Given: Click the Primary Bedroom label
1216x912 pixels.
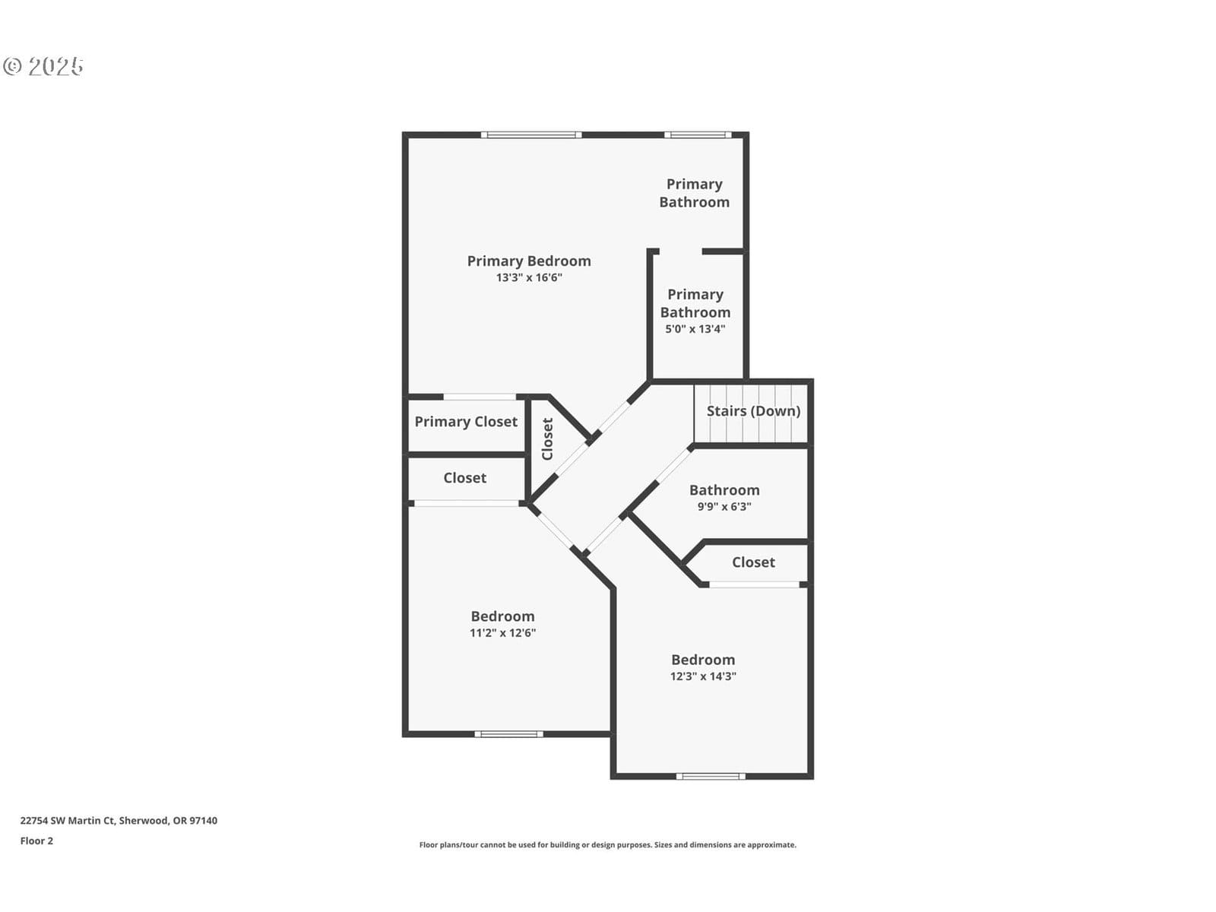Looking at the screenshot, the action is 528,261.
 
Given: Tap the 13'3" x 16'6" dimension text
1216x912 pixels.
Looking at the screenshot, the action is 528,277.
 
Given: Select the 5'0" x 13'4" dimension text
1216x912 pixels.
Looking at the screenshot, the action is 695,329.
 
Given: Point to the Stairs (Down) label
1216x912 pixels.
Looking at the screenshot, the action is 753,411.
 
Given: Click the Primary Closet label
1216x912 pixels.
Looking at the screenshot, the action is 466,421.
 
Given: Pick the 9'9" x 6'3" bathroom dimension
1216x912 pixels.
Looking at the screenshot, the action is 724,506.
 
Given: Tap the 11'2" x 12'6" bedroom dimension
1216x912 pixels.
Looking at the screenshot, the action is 502,633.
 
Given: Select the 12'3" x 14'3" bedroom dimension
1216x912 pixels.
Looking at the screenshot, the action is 703,676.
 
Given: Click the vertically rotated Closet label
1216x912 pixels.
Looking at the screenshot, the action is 547,439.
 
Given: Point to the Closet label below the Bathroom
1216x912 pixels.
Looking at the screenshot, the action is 753,562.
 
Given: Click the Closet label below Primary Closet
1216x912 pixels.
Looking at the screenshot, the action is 465,478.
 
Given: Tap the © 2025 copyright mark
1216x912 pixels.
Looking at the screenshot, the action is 43,66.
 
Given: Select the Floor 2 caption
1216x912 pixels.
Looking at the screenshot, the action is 36,841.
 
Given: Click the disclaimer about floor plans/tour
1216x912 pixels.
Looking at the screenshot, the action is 608,845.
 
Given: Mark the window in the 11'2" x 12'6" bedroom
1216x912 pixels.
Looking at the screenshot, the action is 508,734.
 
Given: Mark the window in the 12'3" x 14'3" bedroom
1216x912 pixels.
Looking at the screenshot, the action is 711,776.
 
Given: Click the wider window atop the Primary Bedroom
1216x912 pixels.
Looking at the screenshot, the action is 531,135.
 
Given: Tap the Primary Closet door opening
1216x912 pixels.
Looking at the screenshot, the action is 480,397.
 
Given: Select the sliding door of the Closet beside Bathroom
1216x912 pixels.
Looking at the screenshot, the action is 755,584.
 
